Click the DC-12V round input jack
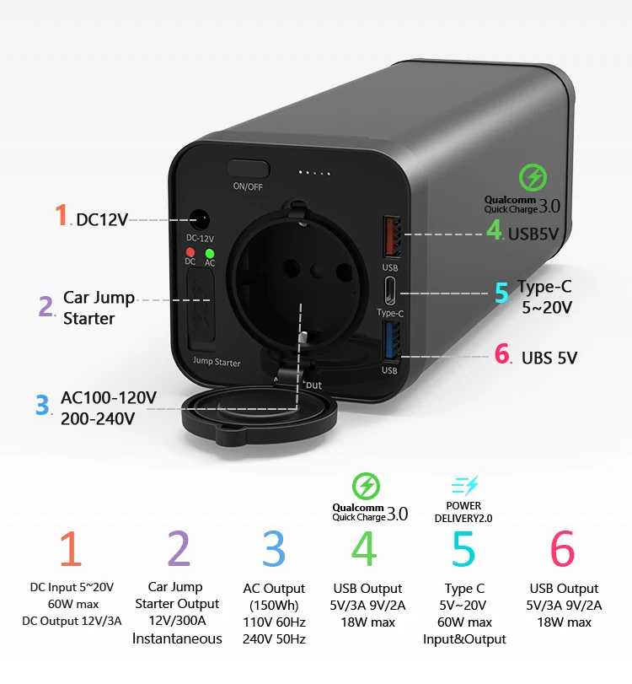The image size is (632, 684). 201,222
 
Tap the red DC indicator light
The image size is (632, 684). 190,252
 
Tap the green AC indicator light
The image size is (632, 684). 210,252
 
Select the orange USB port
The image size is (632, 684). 389,236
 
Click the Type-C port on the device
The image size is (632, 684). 390,293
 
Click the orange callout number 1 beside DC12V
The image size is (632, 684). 62,216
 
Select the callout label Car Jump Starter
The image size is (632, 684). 99,309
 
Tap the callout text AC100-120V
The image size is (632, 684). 108,398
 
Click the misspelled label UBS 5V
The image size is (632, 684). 548,358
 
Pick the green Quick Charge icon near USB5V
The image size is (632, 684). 533,178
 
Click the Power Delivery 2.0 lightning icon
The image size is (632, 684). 464,486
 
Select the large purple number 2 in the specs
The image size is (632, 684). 178,549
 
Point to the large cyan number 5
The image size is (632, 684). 463,549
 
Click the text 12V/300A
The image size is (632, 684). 177,621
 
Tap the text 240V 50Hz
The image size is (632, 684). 274,638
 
